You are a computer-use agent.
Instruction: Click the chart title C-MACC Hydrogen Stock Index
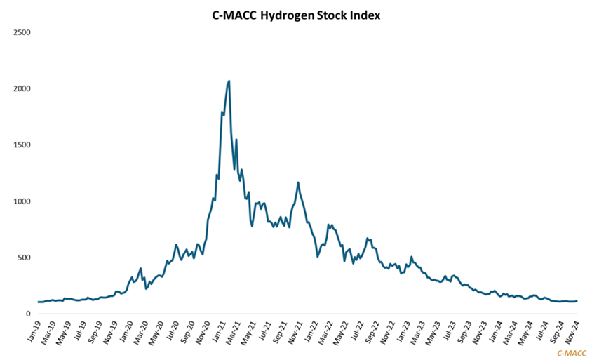tap(295, 15)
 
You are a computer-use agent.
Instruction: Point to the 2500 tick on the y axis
tap(21, 33)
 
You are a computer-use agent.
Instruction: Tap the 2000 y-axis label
tap(21, 89)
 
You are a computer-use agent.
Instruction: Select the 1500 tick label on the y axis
tap(21, 145)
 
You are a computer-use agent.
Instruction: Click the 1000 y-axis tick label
tap(21, 201)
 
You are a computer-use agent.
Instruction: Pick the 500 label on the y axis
tap(23, 258)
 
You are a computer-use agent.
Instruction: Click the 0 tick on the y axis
tap(27, 314)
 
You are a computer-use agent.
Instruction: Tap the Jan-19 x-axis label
tap(34, 332)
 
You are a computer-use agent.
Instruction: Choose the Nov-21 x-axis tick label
tap(295, 332)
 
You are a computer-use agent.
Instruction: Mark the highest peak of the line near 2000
tap(229, 81)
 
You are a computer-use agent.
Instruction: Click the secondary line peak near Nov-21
tap(298, 182)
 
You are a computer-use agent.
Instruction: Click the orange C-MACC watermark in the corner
tap(571, 353)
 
